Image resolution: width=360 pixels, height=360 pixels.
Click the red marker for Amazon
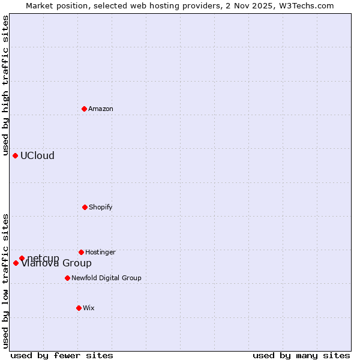tap(84, 109)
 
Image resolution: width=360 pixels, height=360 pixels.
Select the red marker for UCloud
tap(15, 155)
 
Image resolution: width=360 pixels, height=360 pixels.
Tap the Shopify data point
tap(85, 207)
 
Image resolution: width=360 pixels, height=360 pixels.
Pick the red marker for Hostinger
tap(81, 252)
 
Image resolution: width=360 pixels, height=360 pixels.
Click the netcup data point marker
tap(22, 258)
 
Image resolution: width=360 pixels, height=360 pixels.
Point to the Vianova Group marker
tap(16, 263)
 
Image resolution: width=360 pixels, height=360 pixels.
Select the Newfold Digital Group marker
tap(67, 278)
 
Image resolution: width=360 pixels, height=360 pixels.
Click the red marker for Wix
tap(79, 308)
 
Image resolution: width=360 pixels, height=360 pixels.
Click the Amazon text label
tap(101, 109)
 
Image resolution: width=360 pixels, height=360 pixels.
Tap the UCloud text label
tap(37, 155)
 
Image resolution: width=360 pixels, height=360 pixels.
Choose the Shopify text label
tap(101, 207)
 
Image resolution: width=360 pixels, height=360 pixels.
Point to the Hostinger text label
tap(100, 252)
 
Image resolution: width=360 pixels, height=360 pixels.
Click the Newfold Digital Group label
tap(106, 278)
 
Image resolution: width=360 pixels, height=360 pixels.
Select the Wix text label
tap(89, 308)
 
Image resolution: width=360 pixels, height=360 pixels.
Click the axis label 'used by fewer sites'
tap(62, 355)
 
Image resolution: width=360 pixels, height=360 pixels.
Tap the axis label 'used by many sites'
tap(301, 355)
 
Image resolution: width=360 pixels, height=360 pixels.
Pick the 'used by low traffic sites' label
tap(5, 280)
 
